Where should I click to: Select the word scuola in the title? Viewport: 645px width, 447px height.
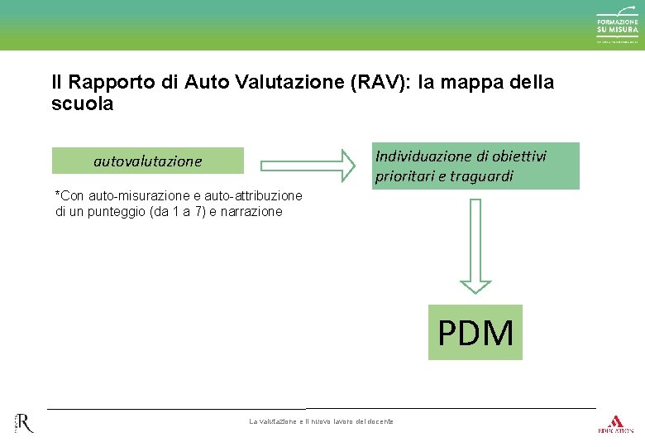(x=82, y=105)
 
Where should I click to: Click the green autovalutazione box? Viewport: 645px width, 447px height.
(x=148, y=161)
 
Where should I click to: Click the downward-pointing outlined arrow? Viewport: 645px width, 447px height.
(x=475, y=246)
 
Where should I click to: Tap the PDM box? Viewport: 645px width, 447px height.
(x=475, y=333)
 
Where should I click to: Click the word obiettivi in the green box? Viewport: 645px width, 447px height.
(x=518, y=156)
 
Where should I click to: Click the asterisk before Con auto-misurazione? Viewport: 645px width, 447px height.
(x=57, y=196)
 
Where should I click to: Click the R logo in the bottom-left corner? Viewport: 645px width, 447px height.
(x=23, y=424)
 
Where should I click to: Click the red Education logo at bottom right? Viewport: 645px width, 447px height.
(x=615, y=424)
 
